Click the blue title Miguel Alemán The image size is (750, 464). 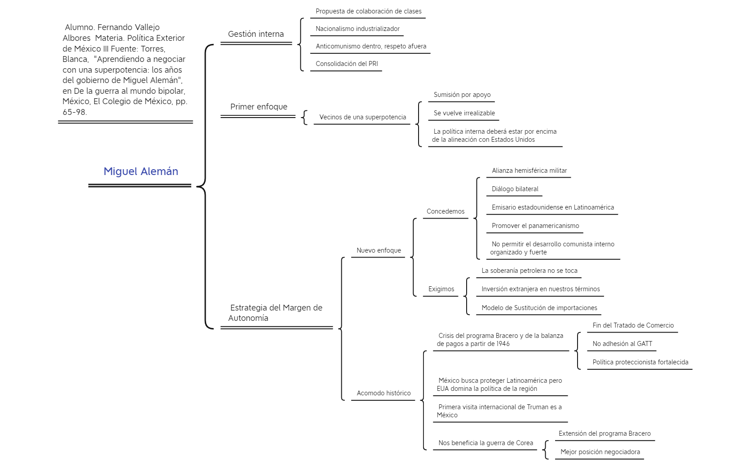click(x=141, y=171)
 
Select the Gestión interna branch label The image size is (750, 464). click(x=256, y=34)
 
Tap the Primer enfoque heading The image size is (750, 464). click(x=259, y=107)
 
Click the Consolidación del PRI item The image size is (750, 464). click(x=347, y=64)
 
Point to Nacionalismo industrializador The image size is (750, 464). click(x=357, y=29)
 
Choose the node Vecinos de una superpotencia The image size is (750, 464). click(x=362, y=117)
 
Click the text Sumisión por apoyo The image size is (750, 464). click(x=462, y=95)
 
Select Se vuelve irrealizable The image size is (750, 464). click(x=464, y=113)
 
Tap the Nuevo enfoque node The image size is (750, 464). click(x=379, y=250)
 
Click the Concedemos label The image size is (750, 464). click(x=446, y=211)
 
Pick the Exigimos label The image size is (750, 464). click(x=441, y=289)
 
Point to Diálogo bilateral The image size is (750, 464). click(x=515, y=189)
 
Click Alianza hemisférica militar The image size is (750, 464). click(x=529, y=171)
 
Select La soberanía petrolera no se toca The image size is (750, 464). click(x=529, y=271)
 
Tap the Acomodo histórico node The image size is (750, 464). click(x=384, y=393)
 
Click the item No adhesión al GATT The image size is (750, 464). click(x=622, y=344)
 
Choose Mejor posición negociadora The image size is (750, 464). click(x=600, y=452)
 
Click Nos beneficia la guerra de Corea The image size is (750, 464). click(x=486, y=443)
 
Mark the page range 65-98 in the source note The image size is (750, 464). click(x=75, y=112)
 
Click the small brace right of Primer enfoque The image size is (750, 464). click(x=304, y=118)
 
